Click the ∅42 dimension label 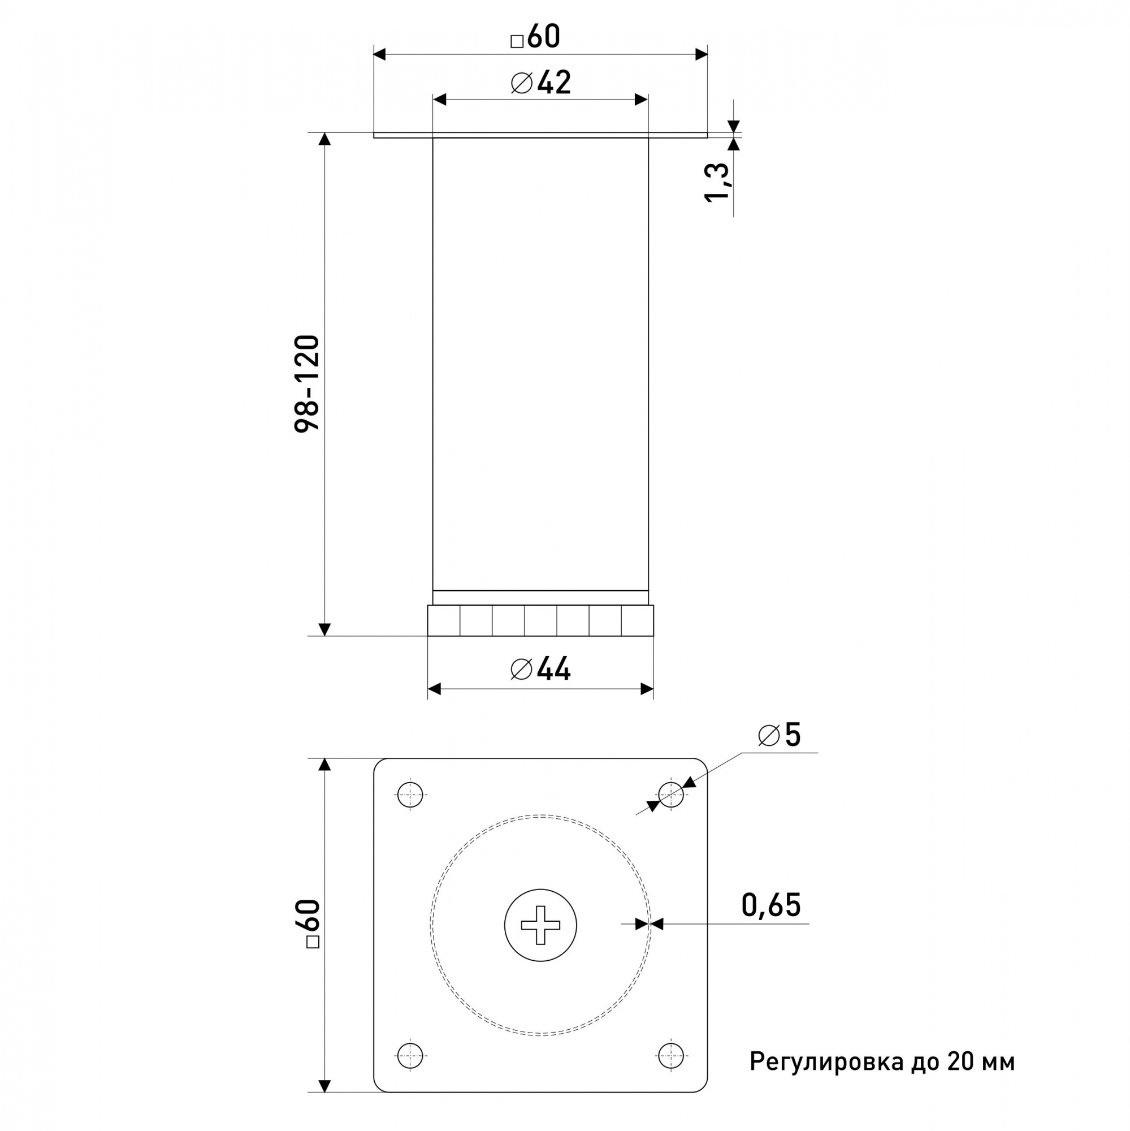click(x=540, y=83)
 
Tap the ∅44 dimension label click(x=540, y=668)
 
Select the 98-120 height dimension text click(x=307, y=384)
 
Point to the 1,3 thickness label click(x=717, y=182)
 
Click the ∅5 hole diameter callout click(x=779, y=735)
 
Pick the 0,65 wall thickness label click(x=770, y=905)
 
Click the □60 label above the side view click(x=535, y=36)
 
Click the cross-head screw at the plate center click(x=540, y=925)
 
